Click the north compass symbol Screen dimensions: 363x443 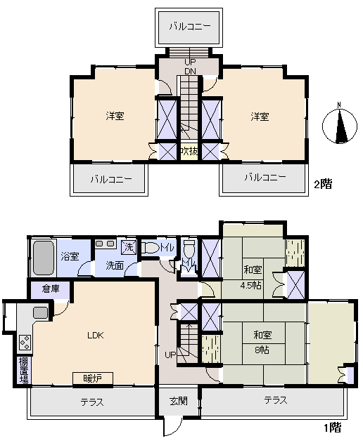coord(340,125)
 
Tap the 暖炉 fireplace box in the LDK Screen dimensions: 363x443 coord(93,378)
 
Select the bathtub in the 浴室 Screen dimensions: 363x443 coord(44,258)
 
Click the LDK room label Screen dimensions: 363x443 coord(96,336)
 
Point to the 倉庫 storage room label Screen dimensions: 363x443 coord(51,289)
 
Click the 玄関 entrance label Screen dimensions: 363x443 coord(179,401)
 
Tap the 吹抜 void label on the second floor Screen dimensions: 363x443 coord(189,152)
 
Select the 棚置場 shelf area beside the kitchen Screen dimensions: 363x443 coord(24,371)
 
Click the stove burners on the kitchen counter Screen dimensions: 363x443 coord(25,343)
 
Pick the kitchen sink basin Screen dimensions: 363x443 coord(41,312)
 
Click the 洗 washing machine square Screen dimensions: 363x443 coord(129,248)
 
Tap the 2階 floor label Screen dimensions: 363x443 coord(323,185)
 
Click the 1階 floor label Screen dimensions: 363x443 coord(333,428)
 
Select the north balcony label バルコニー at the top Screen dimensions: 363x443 coord(190,27)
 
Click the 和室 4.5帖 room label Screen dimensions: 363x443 coord(251,277)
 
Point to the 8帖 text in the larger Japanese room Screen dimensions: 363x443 coord(262,350)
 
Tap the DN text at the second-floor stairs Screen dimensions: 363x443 coord(190,71)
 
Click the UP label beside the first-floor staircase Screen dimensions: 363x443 coord(170,355)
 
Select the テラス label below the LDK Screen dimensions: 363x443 coord(92,402)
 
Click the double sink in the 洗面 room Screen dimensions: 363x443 coord(104,244)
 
